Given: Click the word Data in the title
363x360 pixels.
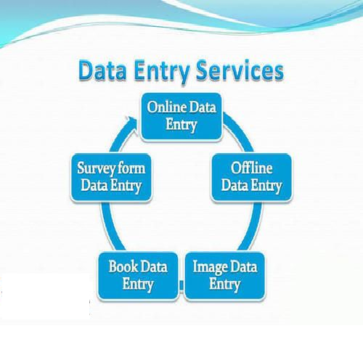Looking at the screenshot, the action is coord(102,70).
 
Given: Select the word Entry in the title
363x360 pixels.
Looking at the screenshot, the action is coord(162,72).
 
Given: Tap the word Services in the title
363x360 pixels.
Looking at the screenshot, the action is coord(240,70).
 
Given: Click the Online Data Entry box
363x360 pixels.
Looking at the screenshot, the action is coord(181,117).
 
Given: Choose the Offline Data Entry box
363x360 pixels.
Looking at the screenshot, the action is coord(251,177).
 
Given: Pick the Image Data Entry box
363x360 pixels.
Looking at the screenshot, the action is coord(225,276).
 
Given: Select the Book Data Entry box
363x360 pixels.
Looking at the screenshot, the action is coord(138,276).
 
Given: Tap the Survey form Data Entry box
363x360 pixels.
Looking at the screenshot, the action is coord(111,177).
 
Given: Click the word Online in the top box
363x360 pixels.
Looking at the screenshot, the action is coord(167,107).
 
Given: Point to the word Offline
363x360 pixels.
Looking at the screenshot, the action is coord(251,168).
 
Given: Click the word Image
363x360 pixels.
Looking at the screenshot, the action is coord(210,268).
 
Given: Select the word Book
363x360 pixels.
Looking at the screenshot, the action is coord(123,266).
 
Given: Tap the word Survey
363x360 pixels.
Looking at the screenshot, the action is coord(94,168).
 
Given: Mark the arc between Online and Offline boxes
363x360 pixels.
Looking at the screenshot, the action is coord(240,132).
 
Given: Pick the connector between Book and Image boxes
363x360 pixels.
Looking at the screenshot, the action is coord(181,285).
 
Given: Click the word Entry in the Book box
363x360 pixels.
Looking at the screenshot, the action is coord(138,285).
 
